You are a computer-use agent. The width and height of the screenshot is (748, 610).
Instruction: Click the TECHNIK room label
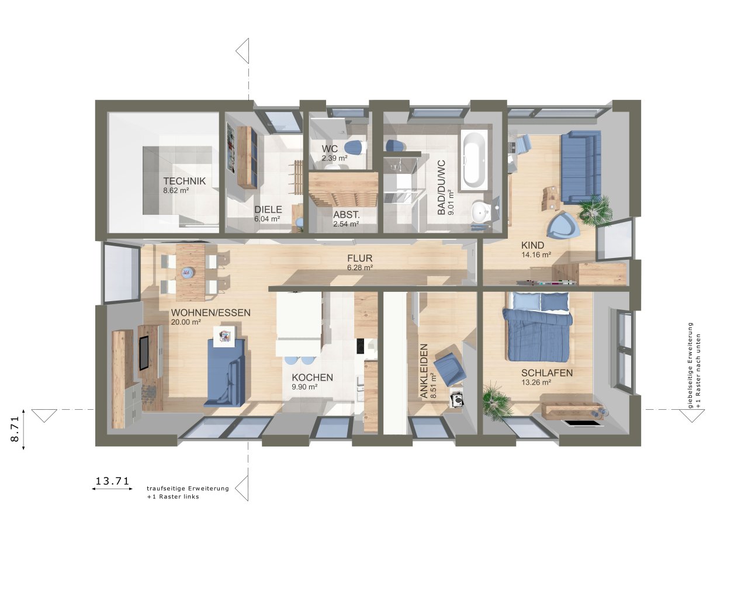coord(184,181)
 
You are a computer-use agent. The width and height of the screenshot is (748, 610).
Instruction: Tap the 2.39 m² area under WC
coord(334,158)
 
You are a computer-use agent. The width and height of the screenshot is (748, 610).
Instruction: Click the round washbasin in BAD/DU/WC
coord(481,212)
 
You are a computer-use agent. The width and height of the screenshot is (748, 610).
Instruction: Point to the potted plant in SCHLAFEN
coord(496,400)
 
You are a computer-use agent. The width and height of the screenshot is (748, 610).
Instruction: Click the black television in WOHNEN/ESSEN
coord(144,353)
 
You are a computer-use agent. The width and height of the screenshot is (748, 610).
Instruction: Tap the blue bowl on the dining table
coord(188,272)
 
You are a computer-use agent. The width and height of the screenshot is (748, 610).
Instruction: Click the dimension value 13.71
coord(112,480)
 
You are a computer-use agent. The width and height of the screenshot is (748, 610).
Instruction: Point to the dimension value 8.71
coord(15,428)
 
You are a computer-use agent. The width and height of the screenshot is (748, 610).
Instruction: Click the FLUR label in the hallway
coord(359,258)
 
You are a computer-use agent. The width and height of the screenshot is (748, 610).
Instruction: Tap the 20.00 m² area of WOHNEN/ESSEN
coord(186,322)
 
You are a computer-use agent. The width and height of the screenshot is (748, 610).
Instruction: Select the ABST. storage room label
coord(346,214)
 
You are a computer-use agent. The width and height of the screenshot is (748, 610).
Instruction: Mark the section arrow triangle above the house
coord(243,51)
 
